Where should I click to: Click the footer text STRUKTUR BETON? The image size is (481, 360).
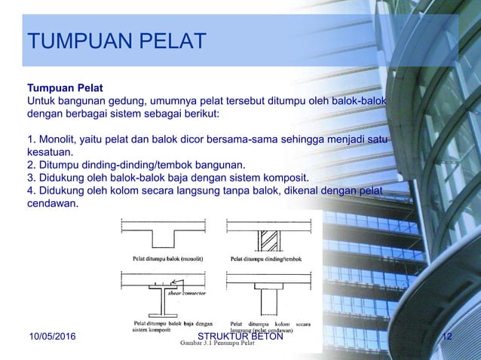tap(239, 336)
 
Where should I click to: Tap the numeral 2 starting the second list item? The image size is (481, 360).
tap(30, 164)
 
